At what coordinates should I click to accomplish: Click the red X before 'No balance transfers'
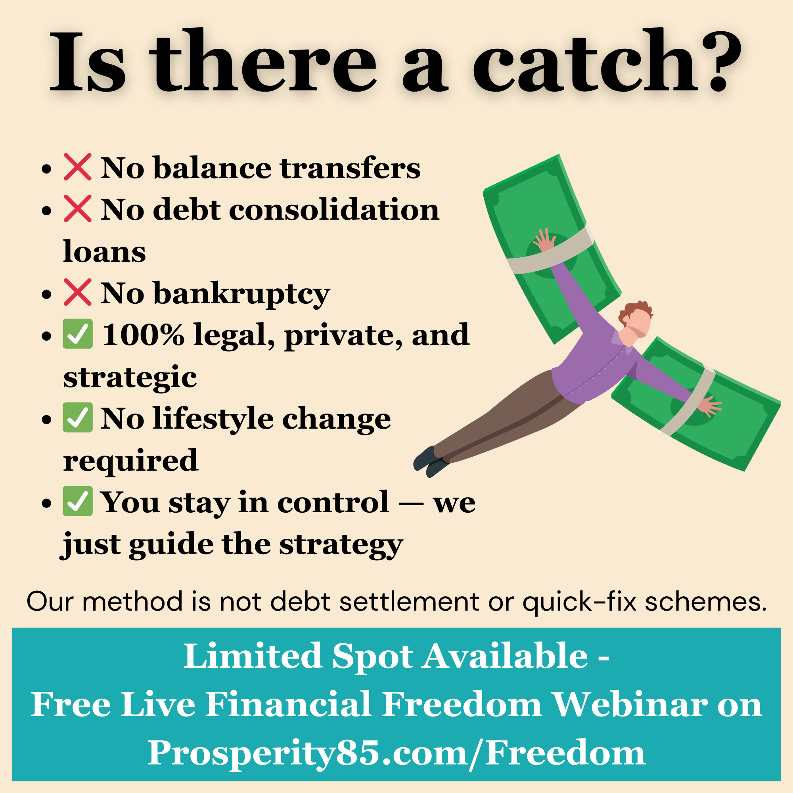(77, 167)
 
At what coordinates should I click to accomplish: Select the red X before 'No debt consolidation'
(77, 209)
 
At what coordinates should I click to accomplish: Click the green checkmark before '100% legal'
(77, 334)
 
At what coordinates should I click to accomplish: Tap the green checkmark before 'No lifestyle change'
(77, 418)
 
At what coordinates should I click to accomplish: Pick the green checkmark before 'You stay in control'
(77, 501)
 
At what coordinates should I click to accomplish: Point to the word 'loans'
(104, 251)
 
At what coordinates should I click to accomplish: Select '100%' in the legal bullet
(144, 335)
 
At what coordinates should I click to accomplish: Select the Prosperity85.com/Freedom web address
(396, 753)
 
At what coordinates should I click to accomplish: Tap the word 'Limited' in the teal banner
(252, 656)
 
